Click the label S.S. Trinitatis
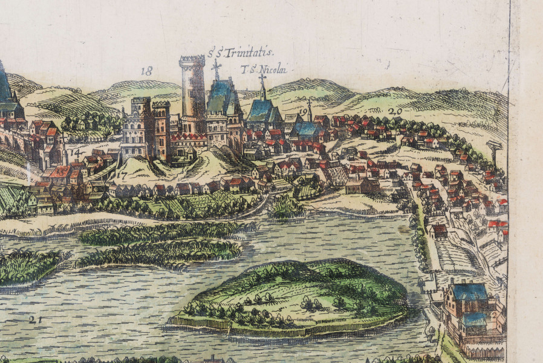241,53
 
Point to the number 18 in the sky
146,71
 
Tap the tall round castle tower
192,91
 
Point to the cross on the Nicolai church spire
262,78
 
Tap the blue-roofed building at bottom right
469,293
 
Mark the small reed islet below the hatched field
285,208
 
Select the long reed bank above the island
163,233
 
